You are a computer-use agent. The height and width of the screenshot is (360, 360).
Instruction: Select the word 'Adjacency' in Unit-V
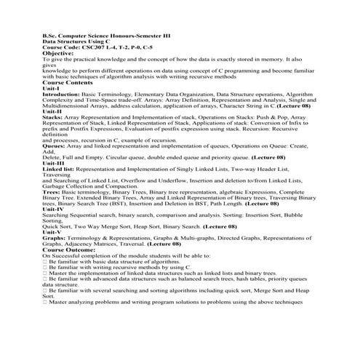(x=79, y=244)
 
